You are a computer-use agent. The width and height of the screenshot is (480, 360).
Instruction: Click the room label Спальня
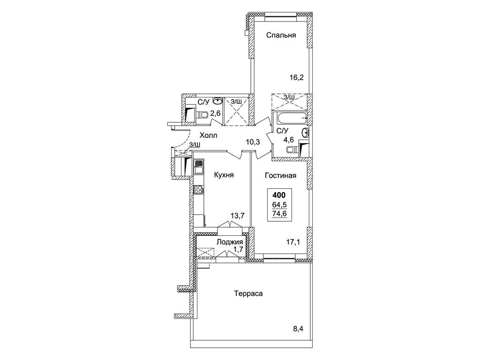[x=281, y=35]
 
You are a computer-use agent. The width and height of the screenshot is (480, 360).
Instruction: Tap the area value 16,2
[x=296, y=78]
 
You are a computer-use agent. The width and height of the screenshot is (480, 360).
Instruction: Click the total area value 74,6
[x=280, y=214]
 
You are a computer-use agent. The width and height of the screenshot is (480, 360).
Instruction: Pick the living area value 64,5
[x=280, y=204]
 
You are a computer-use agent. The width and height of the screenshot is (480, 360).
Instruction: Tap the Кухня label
[x=224, y=175]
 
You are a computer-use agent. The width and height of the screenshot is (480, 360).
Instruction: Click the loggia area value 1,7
[x=238, y=249]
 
